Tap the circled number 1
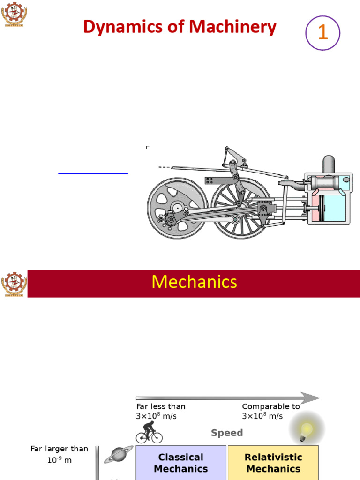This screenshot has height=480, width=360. pos(322,33)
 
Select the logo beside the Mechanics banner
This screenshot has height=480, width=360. pos(14,284)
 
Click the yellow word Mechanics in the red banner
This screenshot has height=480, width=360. pos(194,282)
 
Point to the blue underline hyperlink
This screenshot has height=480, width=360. pos(93,173)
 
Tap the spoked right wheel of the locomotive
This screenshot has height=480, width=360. pos(240,208)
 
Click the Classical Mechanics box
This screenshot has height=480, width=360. pos(180,462)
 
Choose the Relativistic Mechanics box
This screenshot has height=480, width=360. pos(273,462)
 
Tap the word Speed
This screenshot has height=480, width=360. pos(227,433)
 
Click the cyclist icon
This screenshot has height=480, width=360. pos(149,432)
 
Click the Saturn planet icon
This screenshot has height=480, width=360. pos(115,455)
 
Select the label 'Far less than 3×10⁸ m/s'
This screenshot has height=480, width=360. pos(160,411)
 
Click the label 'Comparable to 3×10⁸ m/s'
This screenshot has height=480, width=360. pos(270,411)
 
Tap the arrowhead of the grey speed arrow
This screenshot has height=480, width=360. pos(310,398)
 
